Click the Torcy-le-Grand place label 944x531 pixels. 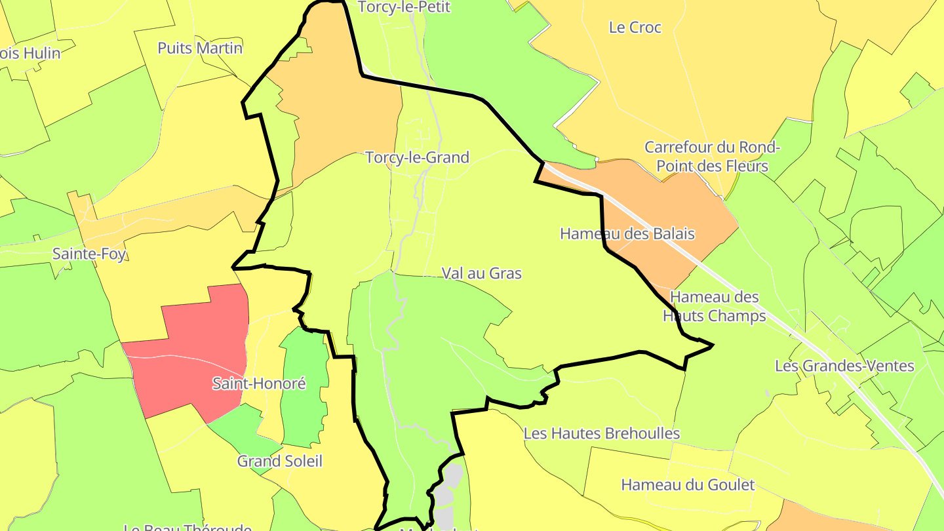pyautogui.click(x=417, y=157)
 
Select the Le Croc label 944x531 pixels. pyautogui.click(x=635, y=28)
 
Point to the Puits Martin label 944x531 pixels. pyautogui.click(x=200, y=48)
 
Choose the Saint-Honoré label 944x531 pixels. pyautogui.click(x=259, y=383)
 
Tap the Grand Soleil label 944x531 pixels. pyautogui.click(x=280, y=461)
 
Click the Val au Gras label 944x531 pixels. pyautogui.click(x=481, y=273)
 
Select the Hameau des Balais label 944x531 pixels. pyautogui.click(x=627, y=233)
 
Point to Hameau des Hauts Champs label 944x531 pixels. pyautogui.click(x=714, y=306)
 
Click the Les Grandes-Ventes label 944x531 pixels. pyautogui.click(x=844, y=365)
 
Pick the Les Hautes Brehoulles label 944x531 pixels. pyautogui.click(x=602, y=433)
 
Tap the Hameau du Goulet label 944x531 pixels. pyautogui.click(x=688, y=485)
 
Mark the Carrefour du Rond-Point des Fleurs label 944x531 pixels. pyautogui.click(x=712, y=156)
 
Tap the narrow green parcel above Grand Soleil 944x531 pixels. pyautogui.click(x=305, y=387)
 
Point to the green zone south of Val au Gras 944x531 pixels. pyautogui.click(x=420, y=354)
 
